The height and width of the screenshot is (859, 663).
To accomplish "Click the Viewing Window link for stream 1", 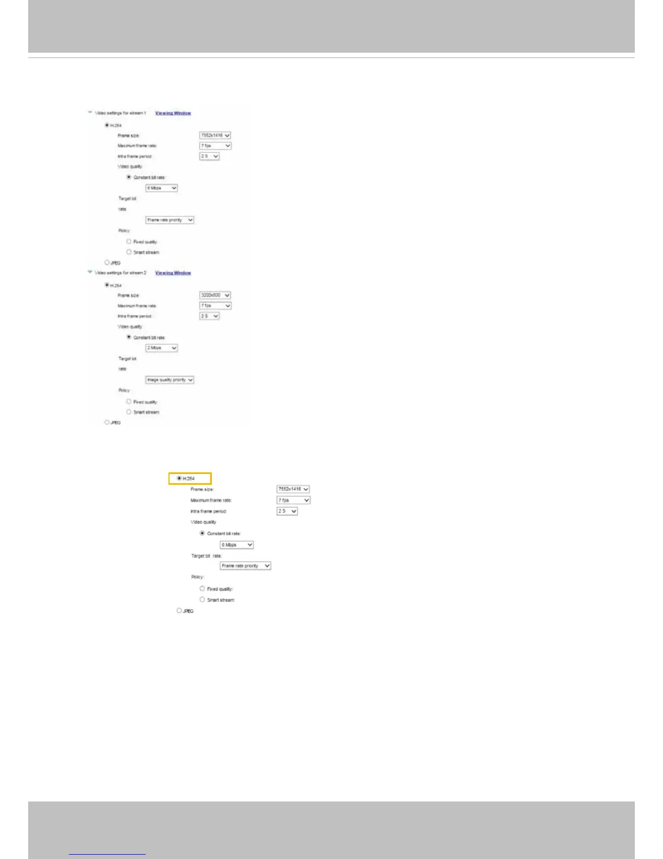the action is (173, 113).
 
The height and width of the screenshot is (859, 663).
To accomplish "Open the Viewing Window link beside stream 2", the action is (173, 273).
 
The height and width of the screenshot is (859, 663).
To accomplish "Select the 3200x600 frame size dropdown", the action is (215, 296).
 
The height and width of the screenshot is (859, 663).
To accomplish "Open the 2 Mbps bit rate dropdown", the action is (161, 348).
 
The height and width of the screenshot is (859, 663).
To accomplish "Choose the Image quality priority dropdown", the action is (170, 380).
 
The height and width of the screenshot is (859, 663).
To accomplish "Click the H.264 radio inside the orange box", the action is (179, 478).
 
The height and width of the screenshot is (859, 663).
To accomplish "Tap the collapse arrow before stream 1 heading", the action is (89, 113).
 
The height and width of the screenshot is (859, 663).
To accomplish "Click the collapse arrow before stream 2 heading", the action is (89, 272).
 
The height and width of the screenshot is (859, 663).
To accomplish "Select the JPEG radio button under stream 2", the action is (107, 422).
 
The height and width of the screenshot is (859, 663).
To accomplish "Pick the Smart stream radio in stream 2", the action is (129, 412).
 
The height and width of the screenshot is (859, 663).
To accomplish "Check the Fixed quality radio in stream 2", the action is (129, 401).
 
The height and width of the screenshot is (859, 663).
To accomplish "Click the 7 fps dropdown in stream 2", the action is (215, 306).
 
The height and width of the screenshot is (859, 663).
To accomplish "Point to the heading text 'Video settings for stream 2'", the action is (121, 273).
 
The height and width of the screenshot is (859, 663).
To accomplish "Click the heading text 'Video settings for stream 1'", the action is (121, 113).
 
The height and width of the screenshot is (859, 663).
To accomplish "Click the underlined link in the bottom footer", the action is (107, 852).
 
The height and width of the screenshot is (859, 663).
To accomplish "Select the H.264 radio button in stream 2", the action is (107, 285).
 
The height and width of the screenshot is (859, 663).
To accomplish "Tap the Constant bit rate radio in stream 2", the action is (129, 337).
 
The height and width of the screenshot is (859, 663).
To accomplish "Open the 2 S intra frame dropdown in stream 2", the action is (209, 316).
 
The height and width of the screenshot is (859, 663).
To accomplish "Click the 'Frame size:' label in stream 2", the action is (128, 296).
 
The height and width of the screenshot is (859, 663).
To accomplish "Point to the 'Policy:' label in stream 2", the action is (124, 390).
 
